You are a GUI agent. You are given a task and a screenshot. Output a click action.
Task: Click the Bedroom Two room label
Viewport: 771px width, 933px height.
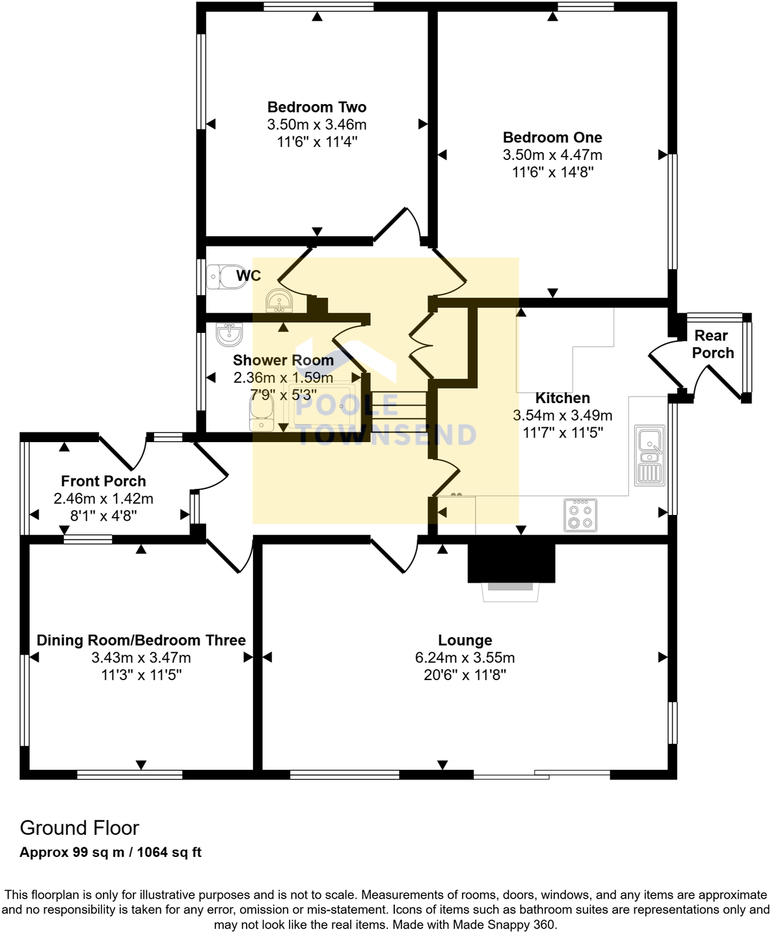pos(317,107)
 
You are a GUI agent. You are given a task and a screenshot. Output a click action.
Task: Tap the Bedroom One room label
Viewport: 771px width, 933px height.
pos(552,137)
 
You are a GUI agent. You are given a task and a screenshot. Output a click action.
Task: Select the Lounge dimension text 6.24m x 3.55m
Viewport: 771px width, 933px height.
pos(465,657)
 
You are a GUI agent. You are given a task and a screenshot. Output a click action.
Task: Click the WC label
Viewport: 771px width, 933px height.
pos(249,276)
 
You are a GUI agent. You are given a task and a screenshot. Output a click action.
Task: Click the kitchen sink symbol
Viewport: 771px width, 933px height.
pos(649,455)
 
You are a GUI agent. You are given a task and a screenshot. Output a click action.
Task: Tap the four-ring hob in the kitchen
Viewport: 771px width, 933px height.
pos(580,515)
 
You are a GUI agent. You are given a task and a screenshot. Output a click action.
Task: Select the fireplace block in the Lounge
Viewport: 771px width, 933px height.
pos(511,562)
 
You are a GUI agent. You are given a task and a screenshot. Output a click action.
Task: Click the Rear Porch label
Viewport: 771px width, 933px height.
pos(712,344)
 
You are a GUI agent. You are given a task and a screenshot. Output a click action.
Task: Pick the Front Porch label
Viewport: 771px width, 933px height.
pos(103,481)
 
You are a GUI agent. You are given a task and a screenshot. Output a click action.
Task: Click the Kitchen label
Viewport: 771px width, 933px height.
pos(562,398)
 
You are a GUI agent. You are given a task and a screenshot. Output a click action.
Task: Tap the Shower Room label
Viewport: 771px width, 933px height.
pos(283,360)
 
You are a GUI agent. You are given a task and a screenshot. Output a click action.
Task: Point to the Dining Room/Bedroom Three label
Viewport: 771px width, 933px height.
pos(141,640)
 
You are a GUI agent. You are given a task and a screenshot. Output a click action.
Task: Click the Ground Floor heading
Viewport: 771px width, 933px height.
pos(79,828)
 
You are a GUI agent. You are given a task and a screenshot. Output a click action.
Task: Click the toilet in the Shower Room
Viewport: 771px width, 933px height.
pos(262,414)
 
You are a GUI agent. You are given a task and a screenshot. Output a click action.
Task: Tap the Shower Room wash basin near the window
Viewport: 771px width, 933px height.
pos(229,334)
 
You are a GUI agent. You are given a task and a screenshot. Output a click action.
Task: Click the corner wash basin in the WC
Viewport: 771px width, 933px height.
pos(279,302)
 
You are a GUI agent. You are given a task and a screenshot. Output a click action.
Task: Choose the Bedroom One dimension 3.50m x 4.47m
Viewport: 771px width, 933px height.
pos(552,155)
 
